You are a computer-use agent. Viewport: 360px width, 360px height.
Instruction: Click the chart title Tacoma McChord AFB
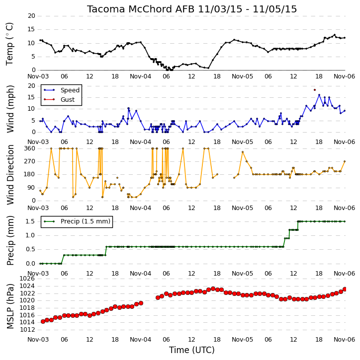(140, 9)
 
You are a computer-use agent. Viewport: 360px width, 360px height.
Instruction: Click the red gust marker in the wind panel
(315, 90)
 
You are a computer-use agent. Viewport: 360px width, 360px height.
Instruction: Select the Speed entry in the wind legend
(61, 90)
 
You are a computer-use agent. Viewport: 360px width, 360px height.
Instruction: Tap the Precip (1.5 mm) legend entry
(77, 221)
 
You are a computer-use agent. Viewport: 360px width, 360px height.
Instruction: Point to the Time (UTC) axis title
(192, 350)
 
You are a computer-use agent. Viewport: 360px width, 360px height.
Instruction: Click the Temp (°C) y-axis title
(9, 44)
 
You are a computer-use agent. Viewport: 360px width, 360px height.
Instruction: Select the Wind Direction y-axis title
(10, 174)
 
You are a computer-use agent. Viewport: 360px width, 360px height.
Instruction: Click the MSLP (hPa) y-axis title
(10, 306)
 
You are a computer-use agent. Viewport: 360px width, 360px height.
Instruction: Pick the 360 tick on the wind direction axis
(30, 148)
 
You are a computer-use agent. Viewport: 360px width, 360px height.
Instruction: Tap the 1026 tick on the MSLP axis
(27, 279)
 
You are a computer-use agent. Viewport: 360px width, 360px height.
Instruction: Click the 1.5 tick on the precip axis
(30, 221)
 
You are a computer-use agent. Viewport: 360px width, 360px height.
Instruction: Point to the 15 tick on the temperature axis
(31, 29)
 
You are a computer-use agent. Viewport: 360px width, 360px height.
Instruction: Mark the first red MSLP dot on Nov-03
(43, 321)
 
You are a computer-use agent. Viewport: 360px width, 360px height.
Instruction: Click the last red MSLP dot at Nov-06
(345, 289)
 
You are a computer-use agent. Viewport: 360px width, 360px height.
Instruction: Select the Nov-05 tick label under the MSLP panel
(242, 339)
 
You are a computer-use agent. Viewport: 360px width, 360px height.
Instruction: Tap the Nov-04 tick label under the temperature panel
(140, 76)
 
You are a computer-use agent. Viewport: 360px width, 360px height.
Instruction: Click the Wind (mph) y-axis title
(10, 109)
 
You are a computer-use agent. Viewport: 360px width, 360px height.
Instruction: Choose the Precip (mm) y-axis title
(10, 241)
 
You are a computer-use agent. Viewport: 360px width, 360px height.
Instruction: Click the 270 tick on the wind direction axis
(30, 161)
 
